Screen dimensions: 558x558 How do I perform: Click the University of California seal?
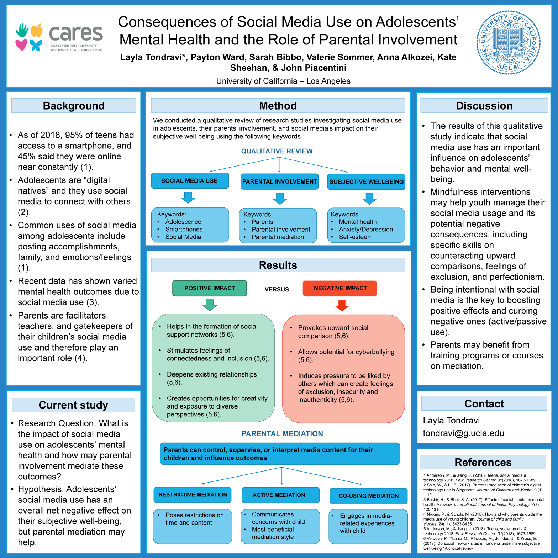(508, 42)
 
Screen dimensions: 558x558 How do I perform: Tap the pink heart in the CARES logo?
(21, 45)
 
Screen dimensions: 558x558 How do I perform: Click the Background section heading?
(74, 106)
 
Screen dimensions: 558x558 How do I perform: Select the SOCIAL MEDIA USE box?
(190, 181)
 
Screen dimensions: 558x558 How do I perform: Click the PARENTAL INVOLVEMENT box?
(280, 181)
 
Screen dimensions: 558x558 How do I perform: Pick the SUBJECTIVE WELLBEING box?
(366, 182)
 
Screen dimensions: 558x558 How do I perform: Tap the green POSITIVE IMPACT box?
(210, 288)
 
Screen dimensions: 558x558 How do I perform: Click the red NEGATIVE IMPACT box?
(340, 288)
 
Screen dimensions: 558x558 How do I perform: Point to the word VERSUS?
(277, 289)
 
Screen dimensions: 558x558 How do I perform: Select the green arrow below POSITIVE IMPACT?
(210, 305)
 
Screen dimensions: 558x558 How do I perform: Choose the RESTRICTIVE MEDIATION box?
(193, 495)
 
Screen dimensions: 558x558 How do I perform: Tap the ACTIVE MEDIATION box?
(279, 495)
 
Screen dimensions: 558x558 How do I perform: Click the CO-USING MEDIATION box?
(369, 496)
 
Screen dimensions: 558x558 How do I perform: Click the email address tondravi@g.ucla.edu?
(463, 433)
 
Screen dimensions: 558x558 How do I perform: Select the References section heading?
(483, 462)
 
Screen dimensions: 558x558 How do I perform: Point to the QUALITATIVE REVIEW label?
(277, 151)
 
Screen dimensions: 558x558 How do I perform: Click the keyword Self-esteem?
(356, 237)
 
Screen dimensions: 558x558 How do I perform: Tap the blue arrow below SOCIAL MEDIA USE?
(188, 198)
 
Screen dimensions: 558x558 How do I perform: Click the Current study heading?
(73, 405)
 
